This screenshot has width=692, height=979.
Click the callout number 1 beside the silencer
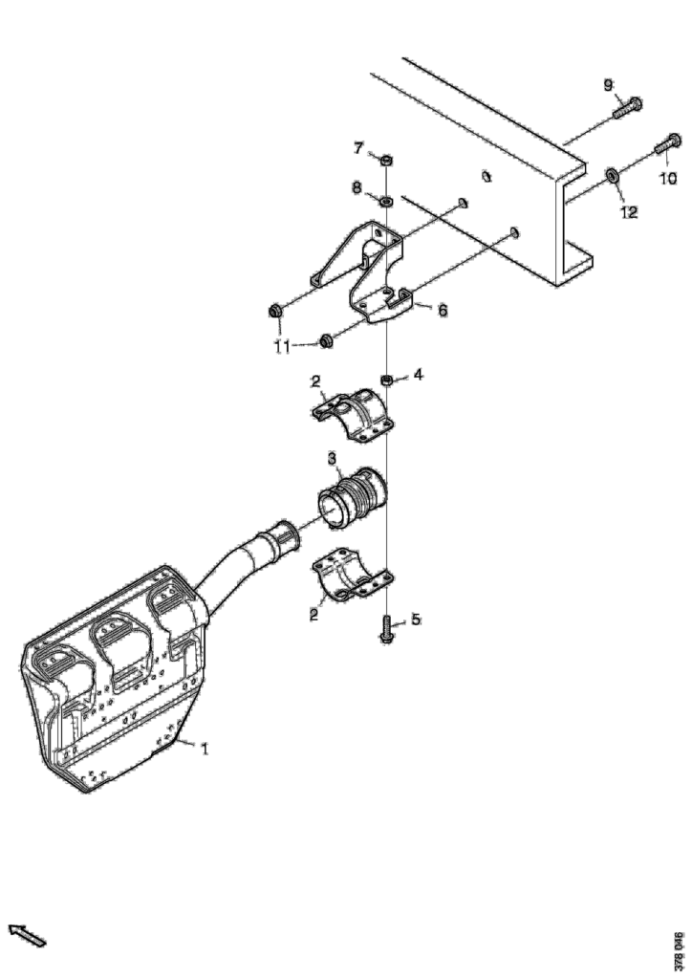coord(204,748)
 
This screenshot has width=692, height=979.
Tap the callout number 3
coord(334,459)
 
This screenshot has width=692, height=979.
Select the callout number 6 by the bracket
coord(443,310)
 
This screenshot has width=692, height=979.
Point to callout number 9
coord(609,85)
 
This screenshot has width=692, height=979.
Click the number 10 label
coord(668,179)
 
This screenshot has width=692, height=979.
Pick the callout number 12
coord(629,212)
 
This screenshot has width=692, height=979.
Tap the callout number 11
coord(283,346)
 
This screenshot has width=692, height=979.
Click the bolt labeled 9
coord(628,109)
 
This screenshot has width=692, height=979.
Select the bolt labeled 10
coord(667,144)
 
